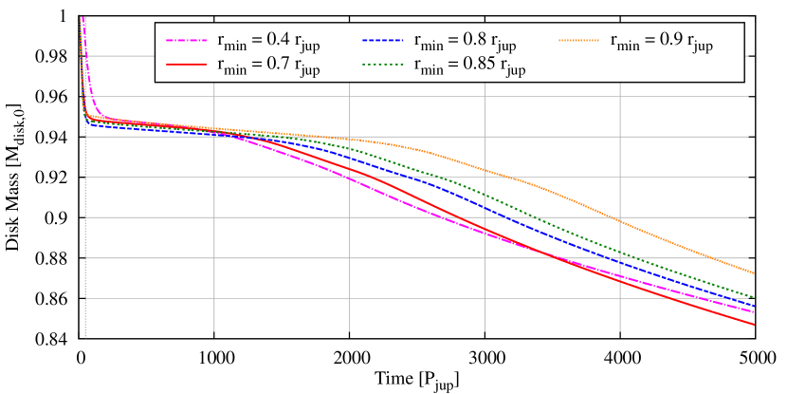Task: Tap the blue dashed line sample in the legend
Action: point(384,42)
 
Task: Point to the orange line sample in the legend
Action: point(580,42)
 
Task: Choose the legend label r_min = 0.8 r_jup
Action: point(465,43)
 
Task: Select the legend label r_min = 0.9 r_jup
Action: point(661,43)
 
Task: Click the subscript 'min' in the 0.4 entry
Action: point(237,47)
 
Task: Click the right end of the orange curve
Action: point(754,274)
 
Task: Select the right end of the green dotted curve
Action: point(754,297)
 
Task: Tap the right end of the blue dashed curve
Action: point(754,306)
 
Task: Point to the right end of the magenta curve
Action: point(754,312)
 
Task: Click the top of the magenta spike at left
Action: point(82,17)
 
